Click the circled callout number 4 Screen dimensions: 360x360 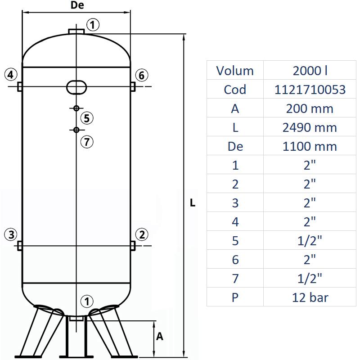click(11, 75)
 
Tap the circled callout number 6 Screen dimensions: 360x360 click(141, 75)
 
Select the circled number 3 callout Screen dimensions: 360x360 click(11, 234)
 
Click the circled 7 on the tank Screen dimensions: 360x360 click(87, 142)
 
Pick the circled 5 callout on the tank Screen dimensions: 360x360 click(87, 118)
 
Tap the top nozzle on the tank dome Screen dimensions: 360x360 click(76, 31)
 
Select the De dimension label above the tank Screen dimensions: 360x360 click(77, 6)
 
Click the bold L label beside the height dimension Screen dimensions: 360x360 click(193, 203)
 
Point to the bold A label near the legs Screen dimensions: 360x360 click(159, 336)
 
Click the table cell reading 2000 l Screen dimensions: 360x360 click(310, 71)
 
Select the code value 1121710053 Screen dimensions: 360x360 click(310, 90)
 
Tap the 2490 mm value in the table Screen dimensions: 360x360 click(310, 127)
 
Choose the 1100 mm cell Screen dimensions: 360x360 click(310, 146)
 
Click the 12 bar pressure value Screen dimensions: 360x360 click(310, 297)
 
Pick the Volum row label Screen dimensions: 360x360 click(235, 71)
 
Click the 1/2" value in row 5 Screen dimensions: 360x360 click(310, 241)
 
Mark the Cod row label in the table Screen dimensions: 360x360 click(235, 90)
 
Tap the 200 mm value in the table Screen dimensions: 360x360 click(310, 108)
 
